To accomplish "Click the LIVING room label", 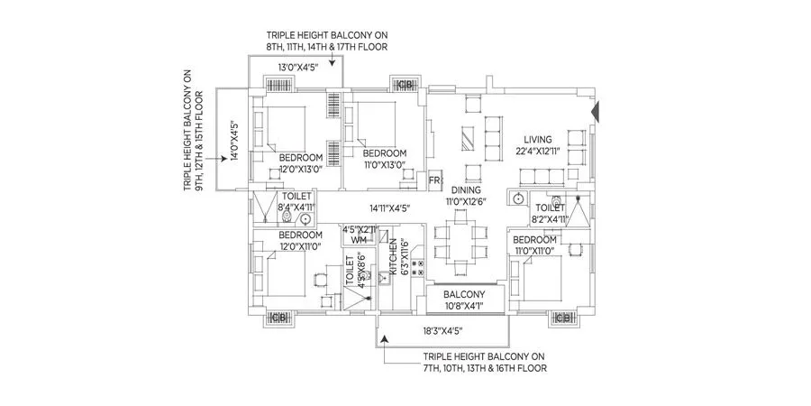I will (542, 139).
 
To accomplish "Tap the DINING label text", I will (465, 190).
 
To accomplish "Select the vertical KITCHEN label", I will (393, 256).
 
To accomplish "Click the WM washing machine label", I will (358, 241).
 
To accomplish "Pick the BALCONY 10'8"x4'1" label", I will (463, 295).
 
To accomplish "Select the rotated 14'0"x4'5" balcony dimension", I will (233, 140).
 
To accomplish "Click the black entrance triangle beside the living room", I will (594, 112).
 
